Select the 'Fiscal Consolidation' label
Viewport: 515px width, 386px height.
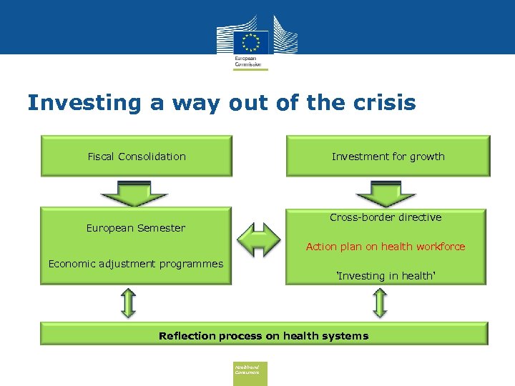coord(137,157)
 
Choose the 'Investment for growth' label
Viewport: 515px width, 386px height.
coord(388,157)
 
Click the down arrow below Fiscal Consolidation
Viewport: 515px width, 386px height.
coord(134,192)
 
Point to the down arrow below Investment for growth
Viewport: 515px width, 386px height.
coord(386,192)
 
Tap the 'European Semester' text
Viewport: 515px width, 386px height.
coord(136,228)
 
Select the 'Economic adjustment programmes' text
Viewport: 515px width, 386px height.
coord(136,264)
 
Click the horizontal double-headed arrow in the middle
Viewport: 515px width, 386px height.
coord(259,239)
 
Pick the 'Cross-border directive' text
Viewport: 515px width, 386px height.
coord(386,217)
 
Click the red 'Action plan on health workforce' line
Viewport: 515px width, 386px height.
coord(386,247)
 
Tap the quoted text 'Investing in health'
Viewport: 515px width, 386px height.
coord(386,276)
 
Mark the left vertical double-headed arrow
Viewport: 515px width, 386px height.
coord(128,302)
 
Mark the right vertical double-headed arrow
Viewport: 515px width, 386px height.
coord(380,302)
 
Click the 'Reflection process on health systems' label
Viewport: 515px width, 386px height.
coord(263,336)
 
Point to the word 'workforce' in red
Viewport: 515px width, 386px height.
coord(438,247)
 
